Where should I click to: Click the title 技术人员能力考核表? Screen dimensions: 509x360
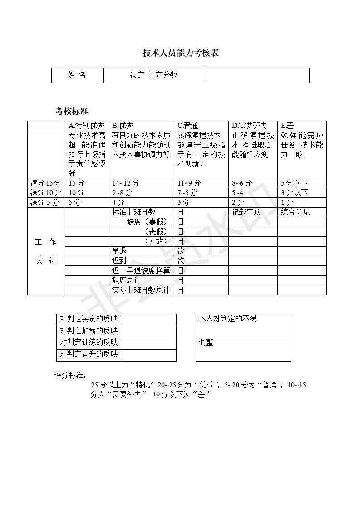pos(181,53)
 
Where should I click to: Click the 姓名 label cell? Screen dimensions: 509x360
pos(77,75)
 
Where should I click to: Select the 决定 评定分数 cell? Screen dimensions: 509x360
pos(154,75)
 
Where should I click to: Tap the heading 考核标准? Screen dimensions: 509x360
pos(72,111)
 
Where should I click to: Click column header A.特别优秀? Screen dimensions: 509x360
pos(86,126)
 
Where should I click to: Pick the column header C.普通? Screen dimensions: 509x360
pos(188,126)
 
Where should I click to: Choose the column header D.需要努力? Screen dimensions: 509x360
pos(250,126)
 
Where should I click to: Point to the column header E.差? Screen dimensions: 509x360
pos(287,126)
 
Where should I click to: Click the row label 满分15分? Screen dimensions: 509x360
pos(45,183)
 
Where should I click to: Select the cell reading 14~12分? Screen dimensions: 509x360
pos(126,183)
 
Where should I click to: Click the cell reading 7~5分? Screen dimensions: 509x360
pos(187,193)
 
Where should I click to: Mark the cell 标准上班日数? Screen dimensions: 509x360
pos(134,212)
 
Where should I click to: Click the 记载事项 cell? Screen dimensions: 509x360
pos(247,212)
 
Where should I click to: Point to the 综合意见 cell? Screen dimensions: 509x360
pos(296,212)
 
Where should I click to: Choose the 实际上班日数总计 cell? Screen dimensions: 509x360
pos(141,290)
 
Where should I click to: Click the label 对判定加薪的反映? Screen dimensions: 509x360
pos(89,331)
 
